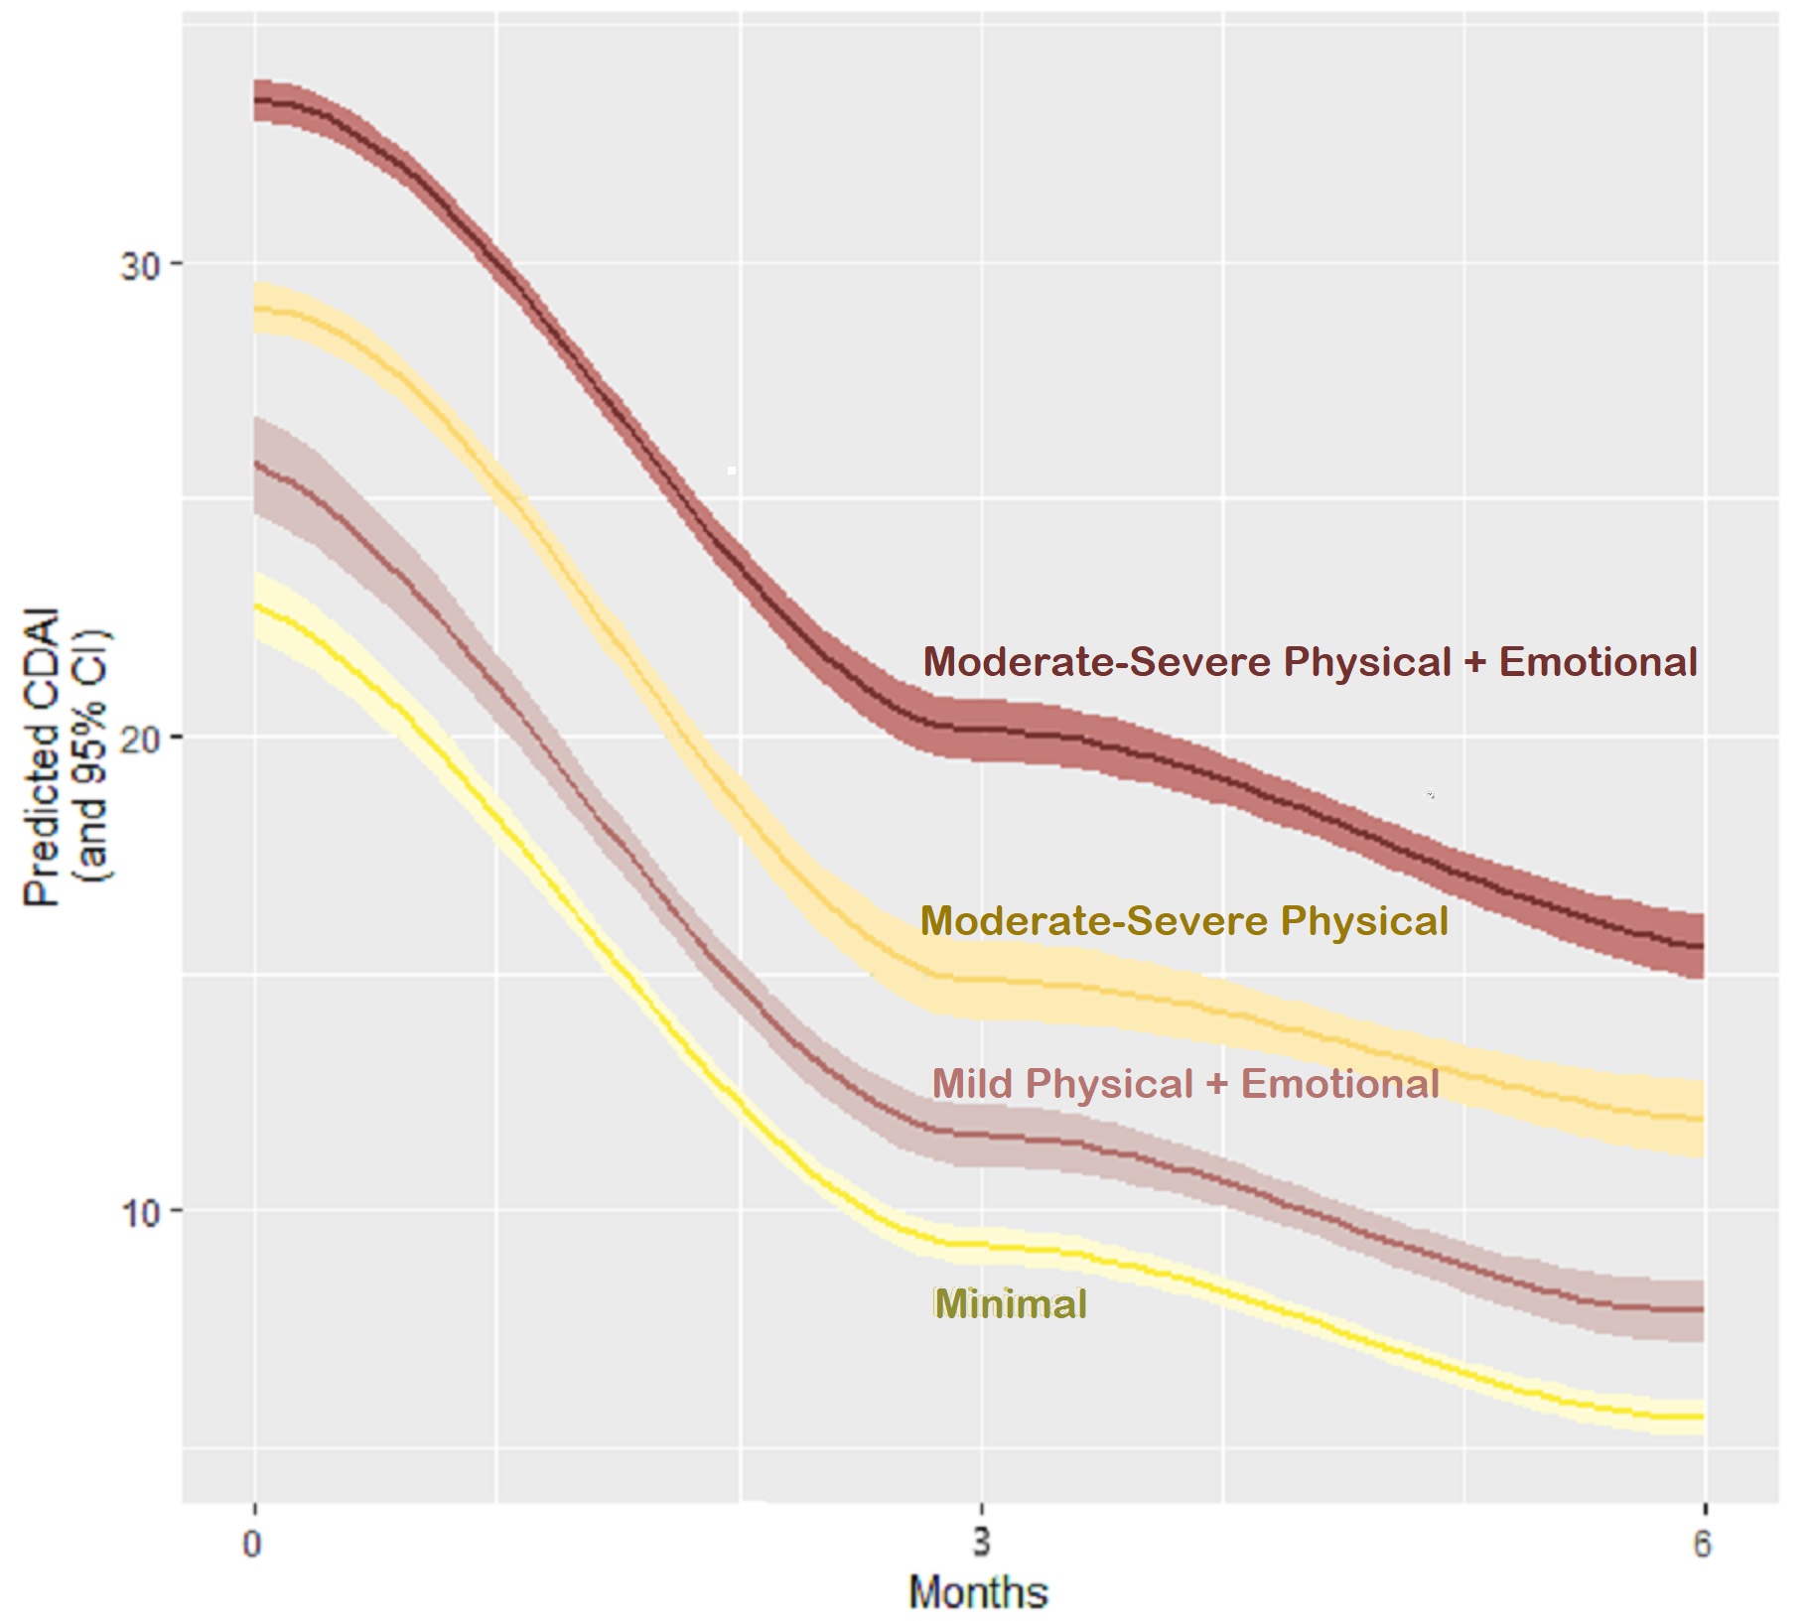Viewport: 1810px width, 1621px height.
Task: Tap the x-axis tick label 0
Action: [254, 1545]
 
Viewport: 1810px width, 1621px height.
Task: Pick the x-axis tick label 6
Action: [1702, 1545]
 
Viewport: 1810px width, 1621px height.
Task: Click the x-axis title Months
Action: [979, 1592]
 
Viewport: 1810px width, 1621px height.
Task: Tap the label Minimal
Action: [1011, 1303]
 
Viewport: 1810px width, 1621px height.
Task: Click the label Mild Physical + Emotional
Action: [1185, 1083]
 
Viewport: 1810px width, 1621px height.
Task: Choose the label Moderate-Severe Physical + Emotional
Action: [1310, 662]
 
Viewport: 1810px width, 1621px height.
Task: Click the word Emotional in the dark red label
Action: [1598, 662]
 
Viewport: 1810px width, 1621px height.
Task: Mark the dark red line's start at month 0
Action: [256, 99]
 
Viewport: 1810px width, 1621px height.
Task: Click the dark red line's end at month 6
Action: [1702, 945]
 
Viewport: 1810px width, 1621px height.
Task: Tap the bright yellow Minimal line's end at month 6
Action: [1702, 1417]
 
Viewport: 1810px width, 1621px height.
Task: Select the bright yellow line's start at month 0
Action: [256, 606]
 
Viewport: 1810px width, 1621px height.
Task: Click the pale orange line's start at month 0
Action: [256, 309]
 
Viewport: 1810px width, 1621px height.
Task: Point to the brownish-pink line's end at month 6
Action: [1702, 1309]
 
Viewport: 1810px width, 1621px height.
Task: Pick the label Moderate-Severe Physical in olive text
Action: [1184, 921]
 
